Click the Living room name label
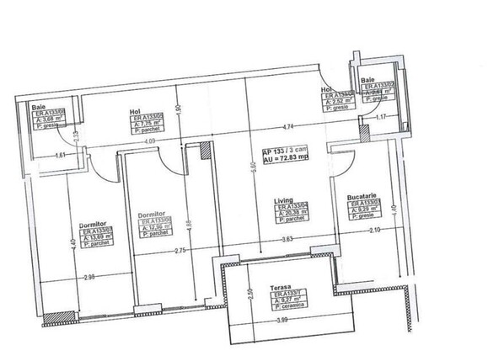click(x=283, y=200)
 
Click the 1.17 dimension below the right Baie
click(x=380, y=117)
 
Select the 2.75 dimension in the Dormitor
click(x=178, y=251)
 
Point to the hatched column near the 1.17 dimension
click(x=363, y=133)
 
